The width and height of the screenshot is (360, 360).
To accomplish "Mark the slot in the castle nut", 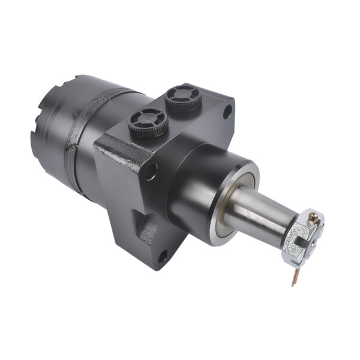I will click(x=294, y=243).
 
